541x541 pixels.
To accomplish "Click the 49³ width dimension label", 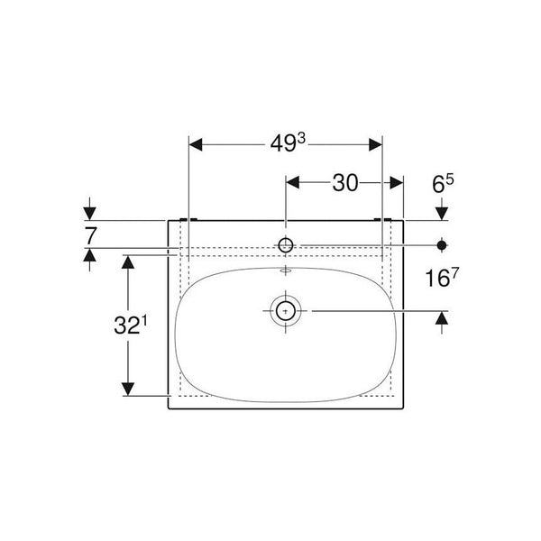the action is (x=288, y=143).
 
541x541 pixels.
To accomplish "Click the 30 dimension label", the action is (x=345, y=183).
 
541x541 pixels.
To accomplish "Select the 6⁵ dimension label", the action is (x=443, y=184).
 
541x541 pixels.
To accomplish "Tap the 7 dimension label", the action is (x=90, y=236).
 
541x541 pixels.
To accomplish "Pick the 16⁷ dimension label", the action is (x=442, y=278).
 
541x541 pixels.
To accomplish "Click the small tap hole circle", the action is (x=286, y=245).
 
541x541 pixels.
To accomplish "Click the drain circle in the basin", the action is (x=285, y=311).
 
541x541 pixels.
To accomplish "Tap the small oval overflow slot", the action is (x=285, y=270).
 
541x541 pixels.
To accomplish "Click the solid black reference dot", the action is (x=442, y=245).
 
